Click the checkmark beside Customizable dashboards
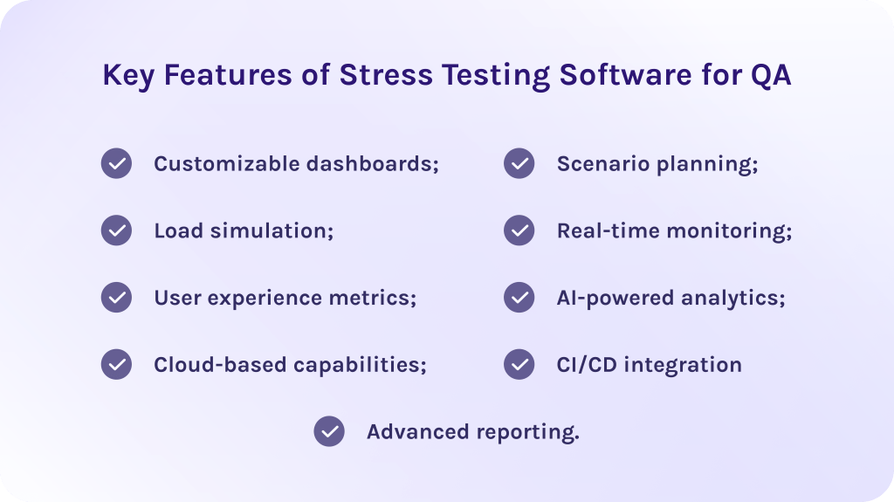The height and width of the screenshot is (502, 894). pyautogui.click(x=116, y=163)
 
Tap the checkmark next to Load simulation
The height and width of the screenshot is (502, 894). pyautogui.click(x=116, y=230)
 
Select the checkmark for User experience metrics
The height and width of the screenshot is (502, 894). pyautogui.click(x=116, y=297)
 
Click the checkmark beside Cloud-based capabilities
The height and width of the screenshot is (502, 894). pyautogui.click(x=116, y=364)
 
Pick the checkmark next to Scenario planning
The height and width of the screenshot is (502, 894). pyautogui.click(x=519, y=163)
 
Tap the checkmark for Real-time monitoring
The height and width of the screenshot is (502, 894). pyautogui.click(x=519, y=230)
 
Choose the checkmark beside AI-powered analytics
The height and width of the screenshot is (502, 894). pyautogui.click(x=519, y=297)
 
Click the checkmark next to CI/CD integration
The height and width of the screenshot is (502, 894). pyautogui.click(x=519, y=364)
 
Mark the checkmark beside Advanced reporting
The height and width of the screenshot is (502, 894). pyautogui.click(x=329, y=431)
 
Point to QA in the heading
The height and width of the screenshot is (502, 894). pyautogui.click(x=771, y=76)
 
